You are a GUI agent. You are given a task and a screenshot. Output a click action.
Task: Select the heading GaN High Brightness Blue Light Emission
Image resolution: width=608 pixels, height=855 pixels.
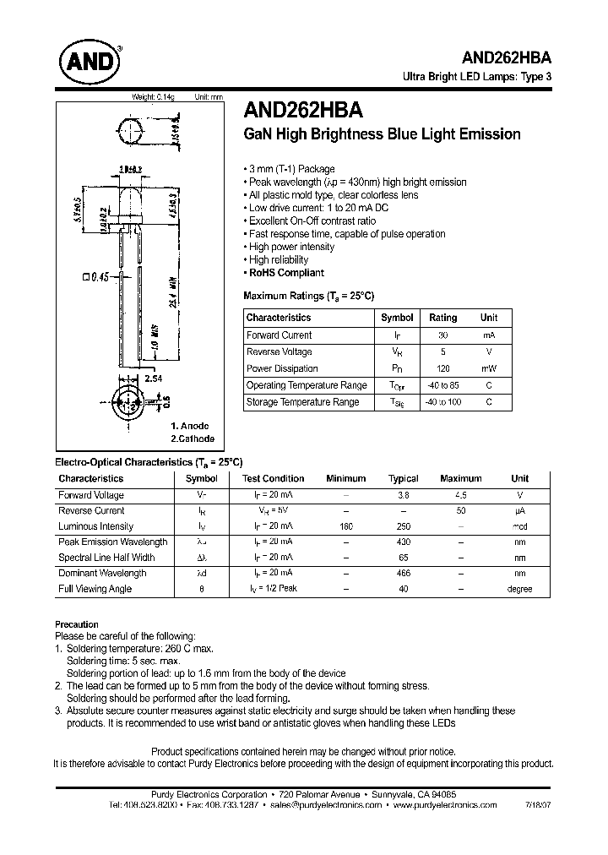(382, 134)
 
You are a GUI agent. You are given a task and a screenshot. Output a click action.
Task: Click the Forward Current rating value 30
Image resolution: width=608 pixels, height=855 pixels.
(442, 335)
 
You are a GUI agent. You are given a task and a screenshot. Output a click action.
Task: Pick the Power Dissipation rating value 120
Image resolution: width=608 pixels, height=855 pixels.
(442, 369)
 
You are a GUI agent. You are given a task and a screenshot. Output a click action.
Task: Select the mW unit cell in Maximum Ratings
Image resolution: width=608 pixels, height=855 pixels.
(489, 369)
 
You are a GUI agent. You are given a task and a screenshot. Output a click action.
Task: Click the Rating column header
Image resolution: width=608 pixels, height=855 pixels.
(442, 318)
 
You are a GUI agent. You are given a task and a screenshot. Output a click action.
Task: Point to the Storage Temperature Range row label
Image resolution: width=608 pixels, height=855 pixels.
(302, 402)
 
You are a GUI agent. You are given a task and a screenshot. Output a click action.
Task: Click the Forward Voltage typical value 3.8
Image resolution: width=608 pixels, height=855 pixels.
(403, 495)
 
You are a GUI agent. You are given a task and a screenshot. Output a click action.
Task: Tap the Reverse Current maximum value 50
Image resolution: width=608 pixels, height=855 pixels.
(460, 511)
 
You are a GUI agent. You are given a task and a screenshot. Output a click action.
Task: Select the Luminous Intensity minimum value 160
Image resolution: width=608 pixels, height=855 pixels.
(345, 526)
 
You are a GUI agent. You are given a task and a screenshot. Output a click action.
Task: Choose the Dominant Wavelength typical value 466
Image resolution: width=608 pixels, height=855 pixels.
(403, 573)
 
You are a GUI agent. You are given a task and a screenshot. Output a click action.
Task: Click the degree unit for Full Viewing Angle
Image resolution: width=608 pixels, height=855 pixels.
(519, 589)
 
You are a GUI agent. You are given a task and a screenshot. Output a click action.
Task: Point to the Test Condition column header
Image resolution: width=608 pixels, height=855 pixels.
(273, 478)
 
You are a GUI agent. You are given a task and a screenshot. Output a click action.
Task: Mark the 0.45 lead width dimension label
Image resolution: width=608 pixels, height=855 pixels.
(96, 275)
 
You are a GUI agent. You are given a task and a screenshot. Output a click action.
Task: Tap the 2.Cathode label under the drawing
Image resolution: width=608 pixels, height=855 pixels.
(192, 438)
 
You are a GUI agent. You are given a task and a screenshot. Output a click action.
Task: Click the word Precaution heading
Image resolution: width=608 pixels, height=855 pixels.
(77, 624)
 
